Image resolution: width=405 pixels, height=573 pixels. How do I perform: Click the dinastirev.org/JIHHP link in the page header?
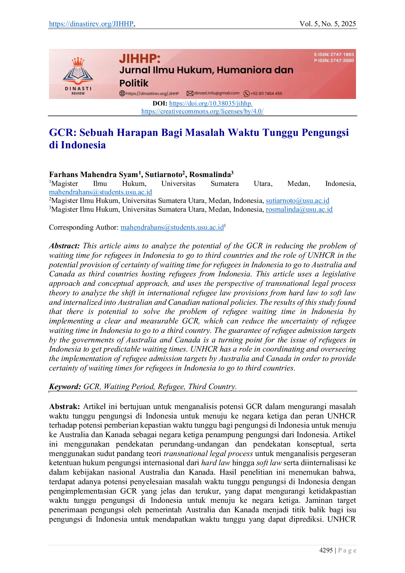pos(91,24)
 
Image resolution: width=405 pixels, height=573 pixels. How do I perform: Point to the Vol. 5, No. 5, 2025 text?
pos(328,24)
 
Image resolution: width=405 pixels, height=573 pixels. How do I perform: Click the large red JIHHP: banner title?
pos(140,59)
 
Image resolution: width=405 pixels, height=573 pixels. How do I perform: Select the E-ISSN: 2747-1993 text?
pos(334,55)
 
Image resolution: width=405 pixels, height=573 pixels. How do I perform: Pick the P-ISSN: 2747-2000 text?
pos(334,60)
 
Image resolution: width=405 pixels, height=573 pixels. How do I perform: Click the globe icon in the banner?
pos(122,93)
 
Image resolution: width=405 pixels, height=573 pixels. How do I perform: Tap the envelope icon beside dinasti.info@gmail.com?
pos(190,93)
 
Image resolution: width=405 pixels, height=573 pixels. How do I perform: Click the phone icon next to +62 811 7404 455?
pos(247,94)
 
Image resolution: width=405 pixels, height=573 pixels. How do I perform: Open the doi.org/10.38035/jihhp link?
pos(211,104)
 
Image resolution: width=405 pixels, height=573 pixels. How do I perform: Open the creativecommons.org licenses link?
pos(202,111)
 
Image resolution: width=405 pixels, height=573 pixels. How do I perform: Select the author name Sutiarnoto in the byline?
pos(163,174)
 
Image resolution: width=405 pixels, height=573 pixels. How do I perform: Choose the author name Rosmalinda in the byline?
pos(210,174)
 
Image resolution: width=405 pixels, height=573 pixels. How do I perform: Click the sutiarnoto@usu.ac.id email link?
pos(298,201)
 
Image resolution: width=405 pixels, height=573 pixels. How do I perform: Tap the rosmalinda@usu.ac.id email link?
pos(299,209)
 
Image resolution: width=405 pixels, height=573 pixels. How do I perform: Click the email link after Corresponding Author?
pos(172,227)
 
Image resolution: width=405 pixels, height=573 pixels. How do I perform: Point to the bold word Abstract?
pos(64,246)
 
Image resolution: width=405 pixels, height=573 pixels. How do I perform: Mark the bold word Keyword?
pos(65,387)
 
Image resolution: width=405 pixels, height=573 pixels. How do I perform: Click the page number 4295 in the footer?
pos(326,550)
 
